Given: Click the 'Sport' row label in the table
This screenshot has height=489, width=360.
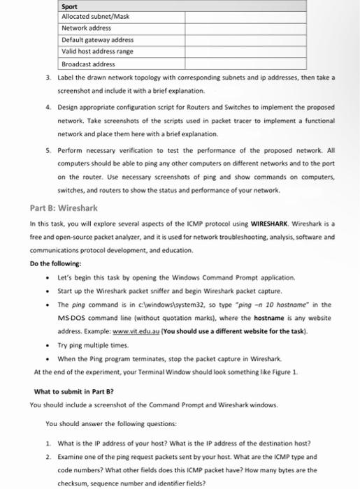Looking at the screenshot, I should coord(70,5).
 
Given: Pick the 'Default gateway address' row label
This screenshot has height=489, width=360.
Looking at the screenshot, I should coord(97,40).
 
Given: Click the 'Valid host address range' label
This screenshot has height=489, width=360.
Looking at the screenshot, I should coord(97,51).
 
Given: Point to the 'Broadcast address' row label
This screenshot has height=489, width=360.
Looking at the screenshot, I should coord(86,63).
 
